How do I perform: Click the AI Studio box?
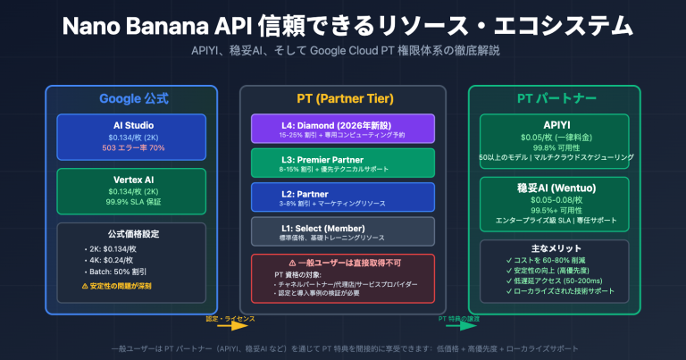pos(130,135)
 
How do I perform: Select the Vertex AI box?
pos(130,189)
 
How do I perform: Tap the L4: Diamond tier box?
pos(342,128)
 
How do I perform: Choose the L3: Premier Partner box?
pos(342,162)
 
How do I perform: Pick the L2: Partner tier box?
pos(342,196)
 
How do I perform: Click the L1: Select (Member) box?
pos(342,230)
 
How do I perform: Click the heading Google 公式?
pos(130,98)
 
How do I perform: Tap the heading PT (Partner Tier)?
pos(342,98)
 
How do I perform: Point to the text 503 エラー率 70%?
pos(130,148)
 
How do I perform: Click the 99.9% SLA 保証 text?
pos(130,204)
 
